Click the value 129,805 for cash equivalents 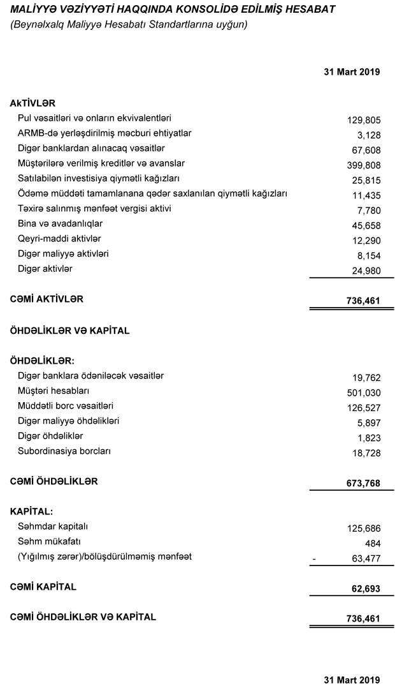tap(364, 119)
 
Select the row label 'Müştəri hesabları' tap(54, 391)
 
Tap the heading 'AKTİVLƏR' tap(33, 103)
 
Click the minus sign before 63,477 tap(315, 558)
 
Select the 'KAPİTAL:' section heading tap(31, 512)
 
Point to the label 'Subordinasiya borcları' tap(64, 451)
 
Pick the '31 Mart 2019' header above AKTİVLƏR tap(352, 71)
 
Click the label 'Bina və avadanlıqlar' tap(60, 223)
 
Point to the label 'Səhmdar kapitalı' tap(52, 527)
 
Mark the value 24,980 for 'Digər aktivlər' tap(366, 271)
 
